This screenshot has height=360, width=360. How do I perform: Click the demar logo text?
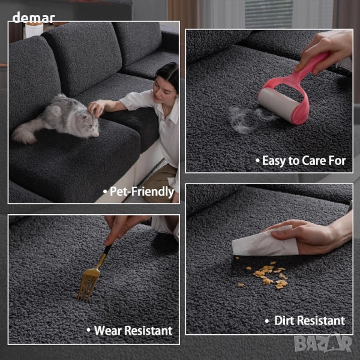[34, 17]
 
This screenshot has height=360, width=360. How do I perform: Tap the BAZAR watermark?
[323, 344]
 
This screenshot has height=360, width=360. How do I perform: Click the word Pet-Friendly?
[142, 192]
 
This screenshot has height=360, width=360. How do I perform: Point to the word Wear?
[107, 331]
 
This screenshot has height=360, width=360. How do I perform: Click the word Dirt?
[284, 320]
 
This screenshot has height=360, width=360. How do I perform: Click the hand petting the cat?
[96, 107]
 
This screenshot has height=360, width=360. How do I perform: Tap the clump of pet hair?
[248, 119]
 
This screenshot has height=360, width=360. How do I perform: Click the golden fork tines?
[88, 284]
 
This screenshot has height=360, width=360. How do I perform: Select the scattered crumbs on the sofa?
[266, 275]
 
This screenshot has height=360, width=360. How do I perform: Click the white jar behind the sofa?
[34, 29]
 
